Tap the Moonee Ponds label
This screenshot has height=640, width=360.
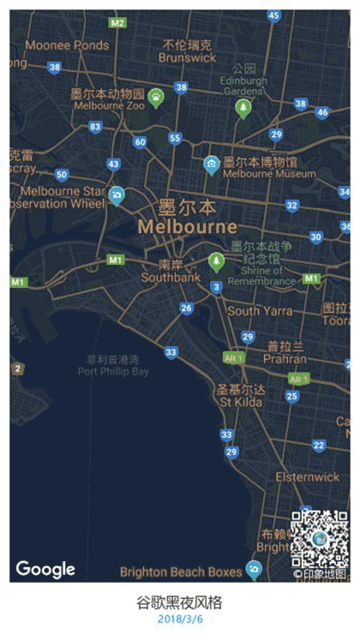67,45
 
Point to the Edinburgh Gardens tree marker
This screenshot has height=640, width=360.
243,107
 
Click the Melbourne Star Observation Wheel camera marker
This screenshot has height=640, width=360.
116,196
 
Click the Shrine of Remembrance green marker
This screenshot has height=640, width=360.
216,260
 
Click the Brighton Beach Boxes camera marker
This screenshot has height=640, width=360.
253,568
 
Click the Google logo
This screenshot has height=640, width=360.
45,569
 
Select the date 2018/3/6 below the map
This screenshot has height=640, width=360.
180,619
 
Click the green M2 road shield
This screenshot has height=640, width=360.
117,22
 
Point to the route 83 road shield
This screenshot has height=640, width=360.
95,127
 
